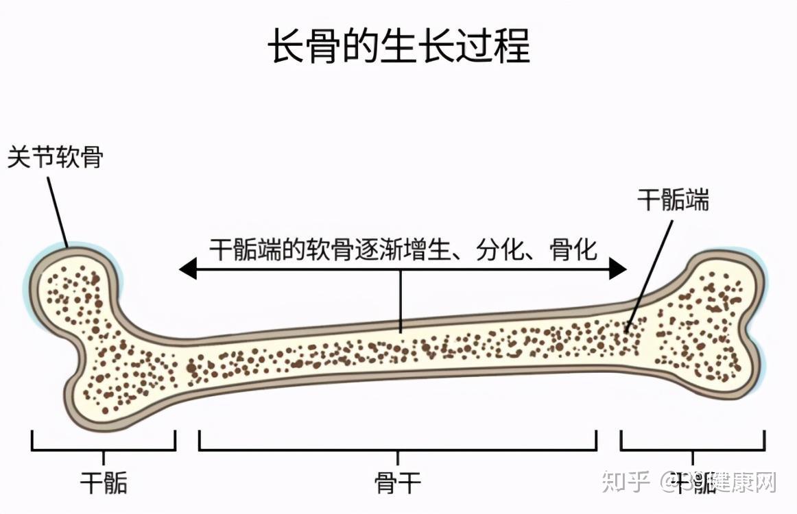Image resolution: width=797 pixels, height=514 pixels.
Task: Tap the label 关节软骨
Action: pyautogui.click(x=55, y=158)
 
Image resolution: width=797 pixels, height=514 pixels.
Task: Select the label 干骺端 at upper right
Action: pyautogui.click(x=673, y=199)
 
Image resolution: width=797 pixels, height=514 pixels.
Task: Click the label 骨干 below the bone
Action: pyautogui.click(x=398, y=483)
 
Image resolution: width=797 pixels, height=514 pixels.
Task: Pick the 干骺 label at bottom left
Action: pyautogui.click(x=104, y=483)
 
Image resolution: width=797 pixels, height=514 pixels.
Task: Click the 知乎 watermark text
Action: pyautogui.click(x=625, y=482)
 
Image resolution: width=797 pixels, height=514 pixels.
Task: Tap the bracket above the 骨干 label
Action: pyautogui.click(x=398, y=450)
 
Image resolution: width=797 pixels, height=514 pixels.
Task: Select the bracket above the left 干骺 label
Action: pyautogui.click(x=103, y=450)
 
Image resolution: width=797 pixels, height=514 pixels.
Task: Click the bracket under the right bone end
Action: pyautogui.click(x=693, y=450)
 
